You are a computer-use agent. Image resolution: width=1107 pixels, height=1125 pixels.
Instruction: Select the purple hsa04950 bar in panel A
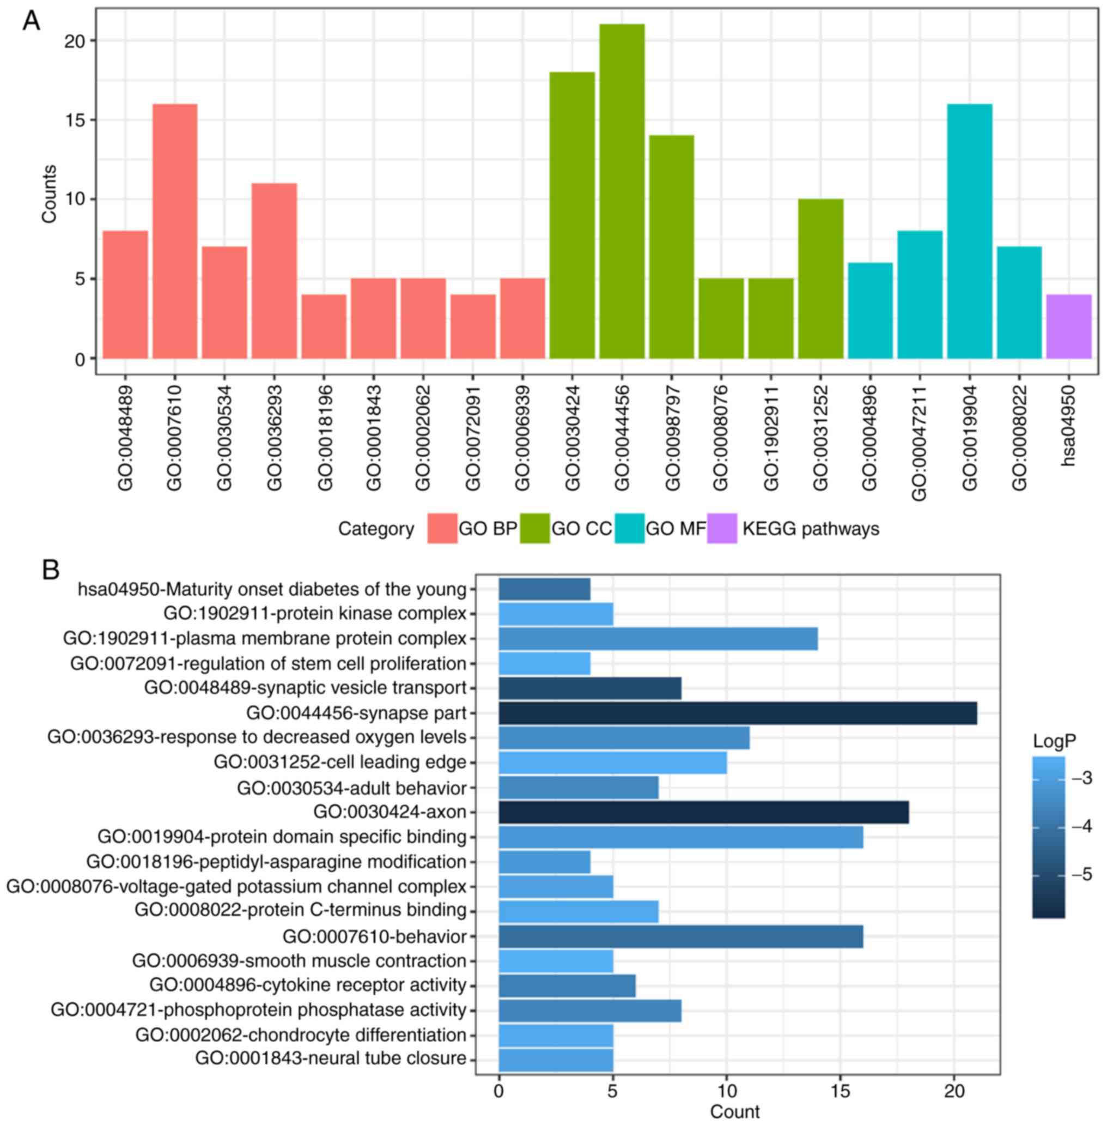1069,326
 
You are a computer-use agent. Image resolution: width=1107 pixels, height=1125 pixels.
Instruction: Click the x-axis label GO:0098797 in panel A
672,438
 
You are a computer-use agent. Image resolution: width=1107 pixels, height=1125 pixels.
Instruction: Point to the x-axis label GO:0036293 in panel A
274,438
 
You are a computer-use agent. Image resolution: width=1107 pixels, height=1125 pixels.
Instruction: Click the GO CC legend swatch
534,528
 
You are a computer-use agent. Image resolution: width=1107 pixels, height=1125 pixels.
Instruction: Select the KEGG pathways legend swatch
721,528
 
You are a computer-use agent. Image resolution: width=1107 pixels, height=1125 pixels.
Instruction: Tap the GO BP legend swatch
442,528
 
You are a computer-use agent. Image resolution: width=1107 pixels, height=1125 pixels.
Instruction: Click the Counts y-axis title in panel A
50,193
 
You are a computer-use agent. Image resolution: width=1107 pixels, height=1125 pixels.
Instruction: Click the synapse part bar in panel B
737,713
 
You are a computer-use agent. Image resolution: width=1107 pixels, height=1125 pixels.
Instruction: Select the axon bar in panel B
703,812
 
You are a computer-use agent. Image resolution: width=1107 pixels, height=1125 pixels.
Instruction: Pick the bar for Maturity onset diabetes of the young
544,589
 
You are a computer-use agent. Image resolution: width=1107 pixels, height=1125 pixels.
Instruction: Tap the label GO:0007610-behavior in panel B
374,937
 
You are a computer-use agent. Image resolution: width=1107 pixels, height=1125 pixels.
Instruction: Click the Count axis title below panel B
734,1111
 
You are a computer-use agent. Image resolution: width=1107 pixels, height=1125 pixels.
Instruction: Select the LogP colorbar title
1054,741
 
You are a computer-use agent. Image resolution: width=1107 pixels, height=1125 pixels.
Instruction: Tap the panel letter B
51,570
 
